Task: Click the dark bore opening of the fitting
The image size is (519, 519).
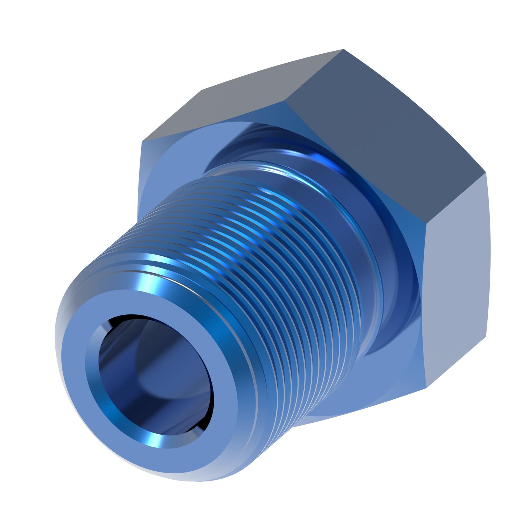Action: (x=151, y=378)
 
